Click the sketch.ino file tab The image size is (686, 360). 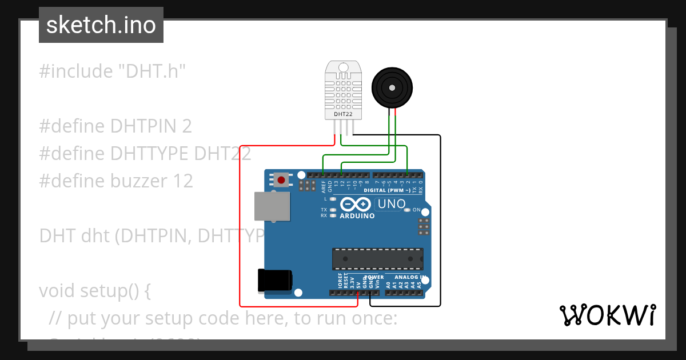101,25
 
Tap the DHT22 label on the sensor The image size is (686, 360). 343,114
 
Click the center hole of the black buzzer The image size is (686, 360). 392,87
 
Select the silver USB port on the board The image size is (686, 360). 272,206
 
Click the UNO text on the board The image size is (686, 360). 392,204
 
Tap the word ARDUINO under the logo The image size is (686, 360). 357,216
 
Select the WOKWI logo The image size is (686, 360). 607,315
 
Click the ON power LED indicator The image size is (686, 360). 407,210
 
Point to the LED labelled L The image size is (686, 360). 333,199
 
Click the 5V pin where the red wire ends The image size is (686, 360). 358,293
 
